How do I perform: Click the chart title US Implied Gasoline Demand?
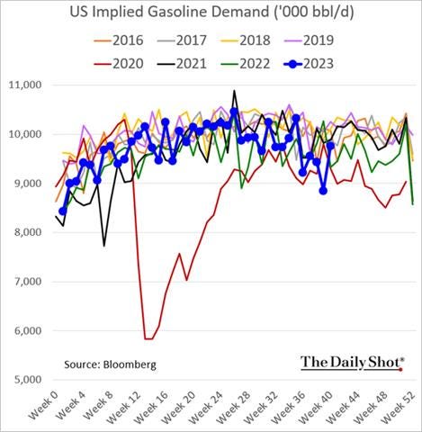211,13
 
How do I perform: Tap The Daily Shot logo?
351,362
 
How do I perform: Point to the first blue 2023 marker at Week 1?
63,211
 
